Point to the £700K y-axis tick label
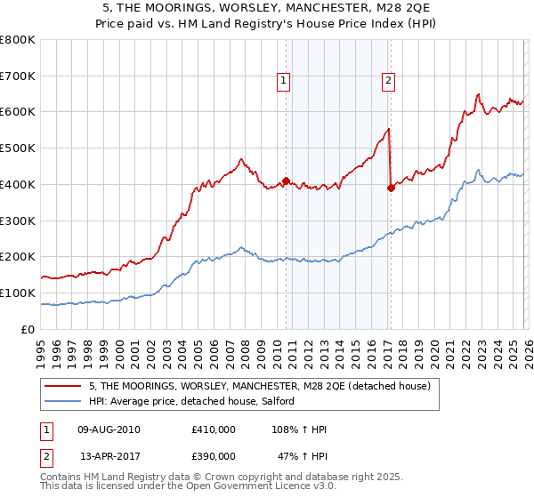click(18, 76)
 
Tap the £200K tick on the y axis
click(18, 256)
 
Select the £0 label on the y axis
click(28, 329)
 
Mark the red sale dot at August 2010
click(286, 181)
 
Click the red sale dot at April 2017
click(391, 188)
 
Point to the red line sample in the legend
click(63, 386)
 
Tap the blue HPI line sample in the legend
click(63, 402)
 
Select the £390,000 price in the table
click(214, 455)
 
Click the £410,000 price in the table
click(214, 430)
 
